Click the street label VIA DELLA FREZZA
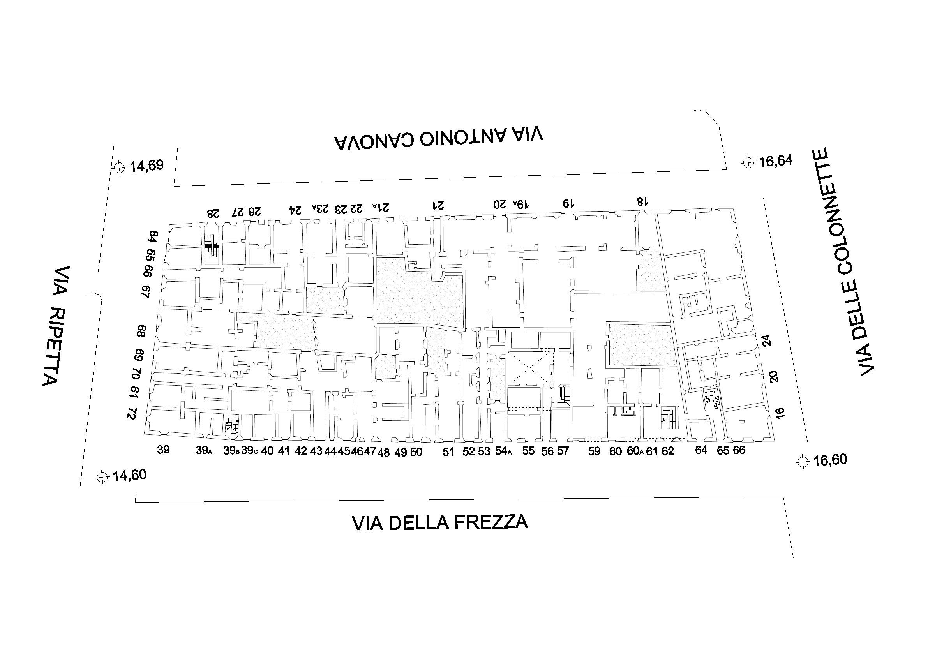click(x=440, y=522)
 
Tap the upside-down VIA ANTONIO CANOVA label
click(x=438, y=138)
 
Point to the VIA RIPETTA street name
click(x=56, y=326)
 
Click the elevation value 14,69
click(x=146, y=166)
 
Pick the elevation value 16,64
click(x=776, y=161)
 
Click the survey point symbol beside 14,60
click(x=103, y=477)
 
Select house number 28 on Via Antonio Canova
click(x=213, y=213)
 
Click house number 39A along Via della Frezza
click(x=204, y=450)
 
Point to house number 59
click(x=594, y=451)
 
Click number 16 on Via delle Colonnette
click(x=780, y=413)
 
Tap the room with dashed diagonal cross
click(x=529, y=368)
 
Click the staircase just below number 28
click(x=211, y=246)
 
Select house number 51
click(x=448, y=452)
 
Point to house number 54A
click(x=504, y=451)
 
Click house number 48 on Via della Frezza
click(x=384, y=453)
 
